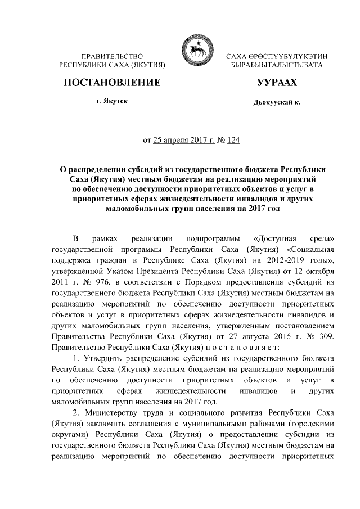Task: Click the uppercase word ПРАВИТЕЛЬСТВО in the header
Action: [x=112, y=57]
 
